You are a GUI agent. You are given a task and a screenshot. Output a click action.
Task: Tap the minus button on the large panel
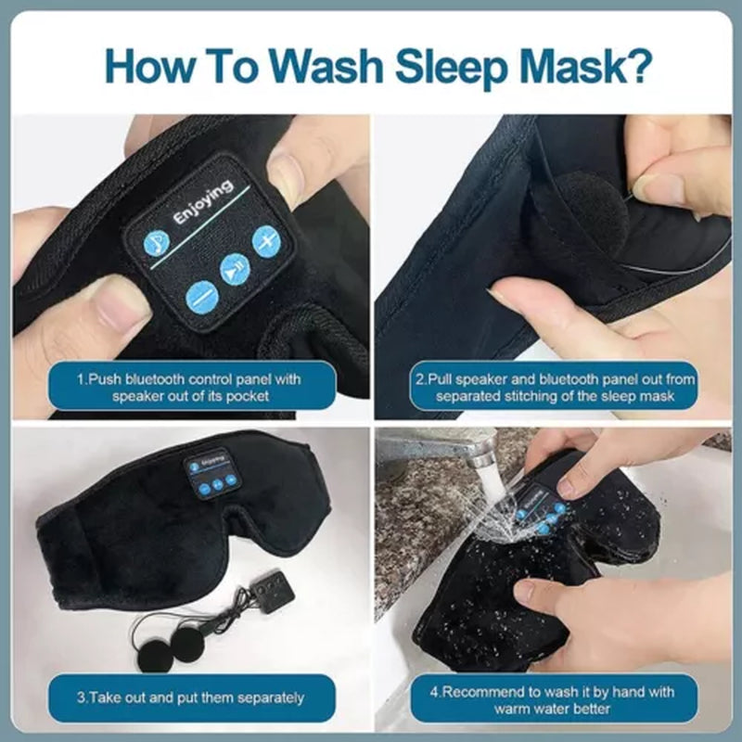[x=201, y=297]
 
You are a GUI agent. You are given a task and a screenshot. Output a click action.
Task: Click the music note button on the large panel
[x=157, y=244]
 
